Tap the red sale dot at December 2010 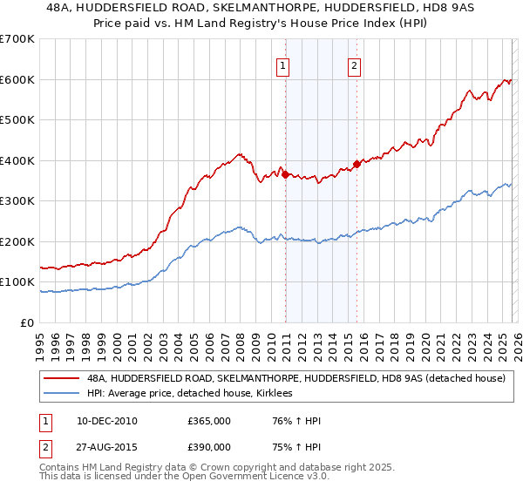(285, 174)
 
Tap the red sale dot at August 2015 (357, 164)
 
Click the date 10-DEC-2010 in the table (105, 421)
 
